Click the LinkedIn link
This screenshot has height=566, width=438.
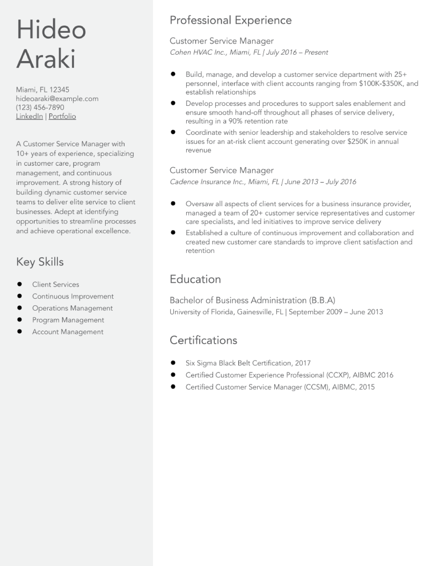tap(29, 116)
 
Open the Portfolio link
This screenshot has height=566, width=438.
tap(62, 116)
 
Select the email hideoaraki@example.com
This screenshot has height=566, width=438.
tap(57, 99)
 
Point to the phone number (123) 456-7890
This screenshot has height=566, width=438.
tap(40, 108)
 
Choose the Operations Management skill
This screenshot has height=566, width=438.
tap(72, 308)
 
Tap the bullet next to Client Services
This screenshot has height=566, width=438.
tap(19, 284)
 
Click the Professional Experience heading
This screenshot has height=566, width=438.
tap(231, 20)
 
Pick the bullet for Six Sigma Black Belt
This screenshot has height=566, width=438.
tap(173, 363)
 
